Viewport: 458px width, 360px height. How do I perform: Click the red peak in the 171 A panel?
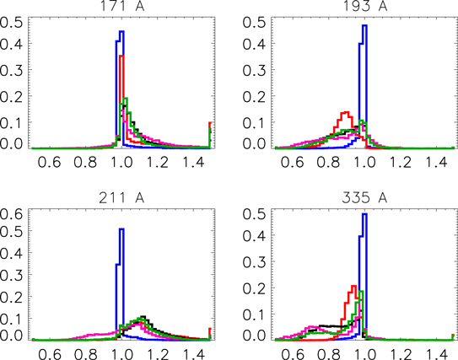click(x=122, y=57)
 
